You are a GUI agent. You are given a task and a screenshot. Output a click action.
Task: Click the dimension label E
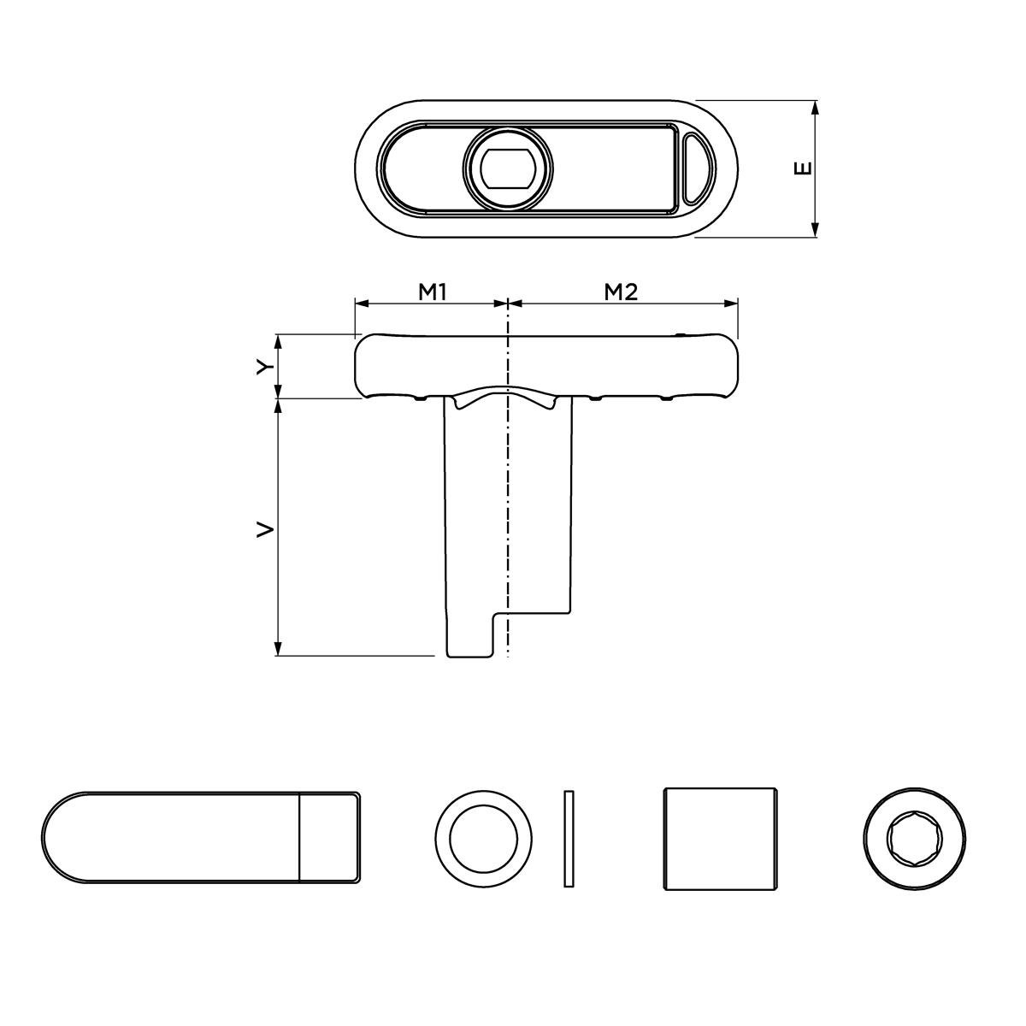click(803, 168)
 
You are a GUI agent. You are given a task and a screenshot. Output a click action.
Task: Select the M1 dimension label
click(433, 292)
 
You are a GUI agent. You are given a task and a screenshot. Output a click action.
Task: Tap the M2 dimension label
click(622, 292)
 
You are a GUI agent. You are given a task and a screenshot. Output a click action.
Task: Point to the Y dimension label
click(267, 366)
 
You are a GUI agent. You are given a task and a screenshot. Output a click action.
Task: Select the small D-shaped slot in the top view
click(694, 168)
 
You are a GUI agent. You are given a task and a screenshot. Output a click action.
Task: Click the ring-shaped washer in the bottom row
click(484, 838)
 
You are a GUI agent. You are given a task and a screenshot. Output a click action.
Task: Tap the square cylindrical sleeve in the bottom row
click(721, 839)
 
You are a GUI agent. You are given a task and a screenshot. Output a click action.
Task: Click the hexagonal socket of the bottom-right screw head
click(914, 838)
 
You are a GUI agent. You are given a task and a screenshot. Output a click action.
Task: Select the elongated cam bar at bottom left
click(201, 836)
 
